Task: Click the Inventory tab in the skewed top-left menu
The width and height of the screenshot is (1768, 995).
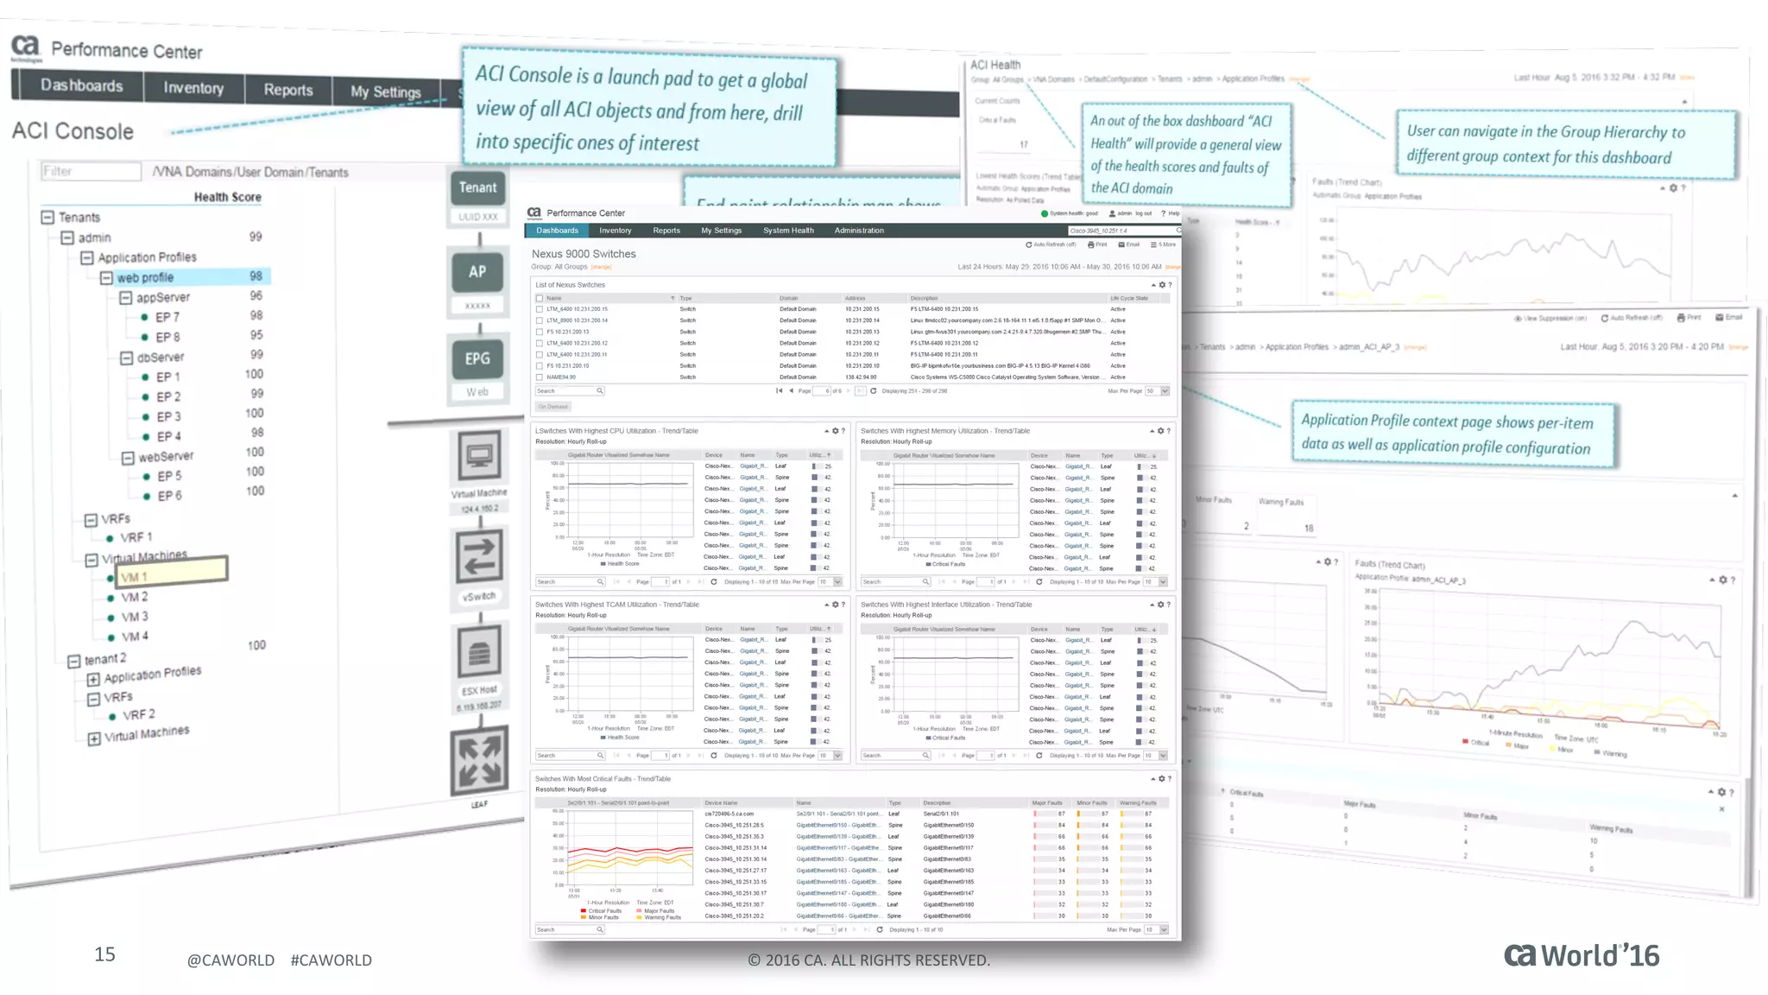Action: click(193, 88)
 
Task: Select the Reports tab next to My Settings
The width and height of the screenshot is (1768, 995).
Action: click(288, 90)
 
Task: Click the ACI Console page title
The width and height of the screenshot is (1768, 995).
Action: click(73, 131)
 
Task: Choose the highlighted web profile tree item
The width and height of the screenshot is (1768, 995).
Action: click(145, 277)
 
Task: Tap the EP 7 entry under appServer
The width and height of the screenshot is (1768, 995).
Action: click(167, 317)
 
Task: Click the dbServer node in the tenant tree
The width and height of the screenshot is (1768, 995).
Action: click(160, 357)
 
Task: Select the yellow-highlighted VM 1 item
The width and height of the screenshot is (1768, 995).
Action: click(135, 577)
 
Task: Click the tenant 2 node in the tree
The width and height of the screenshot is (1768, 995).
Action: click(104, 659)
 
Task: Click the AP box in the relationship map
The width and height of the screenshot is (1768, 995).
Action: click(477, 272)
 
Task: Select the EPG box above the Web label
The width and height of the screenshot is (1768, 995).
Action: click(477, 358)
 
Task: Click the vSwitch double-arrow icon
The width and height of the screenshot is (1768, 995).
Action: click(479, 557)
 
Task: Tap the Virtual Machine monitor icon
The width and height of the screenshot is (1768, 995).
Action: click(479, 455)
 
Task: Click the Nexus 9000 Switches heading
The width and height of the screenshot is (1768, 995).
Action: click(584, 254)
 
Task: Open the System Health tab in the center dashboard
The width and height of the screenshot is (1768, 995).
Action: click(788, 231)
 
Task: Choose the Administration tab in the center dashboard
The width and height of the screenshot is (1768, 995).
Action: click(859, 231)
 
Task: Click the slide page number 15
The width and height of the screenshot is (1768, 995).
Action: click(104, 954)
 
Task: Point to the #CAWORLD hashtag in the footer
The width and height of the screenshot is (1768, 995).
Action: click(331, 960)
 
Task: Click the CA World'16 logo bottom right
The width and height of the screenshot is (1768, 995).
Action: click(1582, 955)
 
